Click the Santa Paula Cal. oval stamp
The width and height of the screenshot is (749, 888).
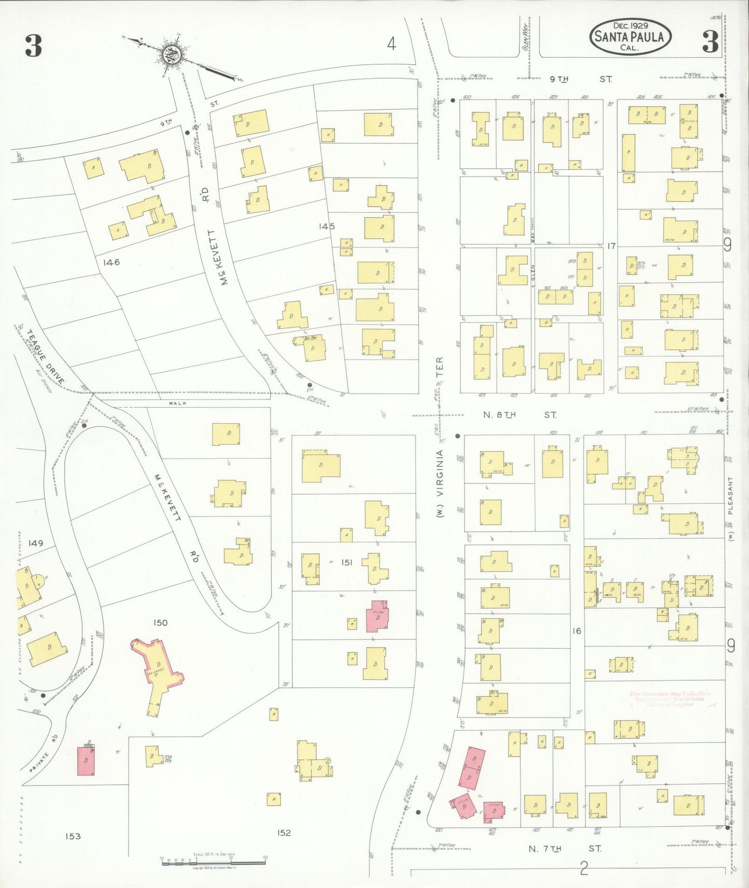coord(630,37)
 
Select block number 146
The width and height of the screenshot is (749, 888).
coord(111,262)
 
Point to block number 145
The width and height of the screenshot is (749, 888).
coord(327,226)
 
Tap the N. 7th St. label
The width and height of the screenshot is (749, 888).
coord(565,849)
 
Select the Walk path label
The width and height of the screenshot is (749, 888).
coord(177,403)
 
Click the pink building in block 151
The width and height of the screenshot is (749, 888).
coord(377,616)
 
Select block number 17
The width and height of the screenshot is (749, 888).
coord(611,246)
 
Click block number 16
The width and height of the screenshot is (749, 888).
coord(576,631)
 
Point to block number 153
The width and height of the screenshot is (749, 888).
coord(73,836)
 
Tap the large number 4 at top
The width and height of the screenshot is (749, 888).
coord(391,44)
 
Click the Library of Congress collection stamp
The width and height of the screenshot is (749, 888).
coord(669,699)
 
